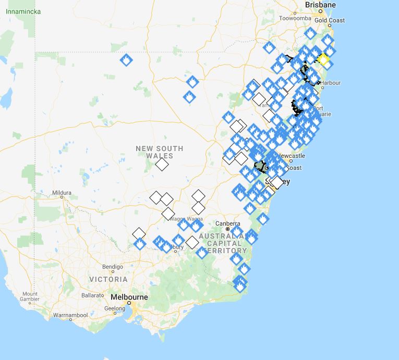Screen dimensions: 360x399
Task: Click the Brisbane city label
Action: pyautogui.click(x=321, y=5)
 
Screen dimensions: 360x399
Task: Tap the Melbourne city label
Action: pyautogui.click(x=129, y=297)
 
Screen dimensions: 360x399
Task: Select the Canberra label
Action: pyautogui.click(x=228, y=224)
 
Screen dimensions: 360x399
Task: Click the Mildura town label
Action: pyautogui.click(x=62, y=193)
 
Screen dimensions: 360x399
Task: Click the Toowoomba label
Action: pyautogui.click(x=295, y=18)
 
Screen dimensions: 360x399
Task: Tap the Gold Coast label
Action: pyautogui.click(x=329, y=20)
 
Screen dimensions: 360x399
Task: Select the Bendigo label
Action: pyautogui.click(x=113, y=267)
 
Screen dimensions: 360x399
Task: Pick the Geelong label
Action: pyautogui.click(x=115, y=308)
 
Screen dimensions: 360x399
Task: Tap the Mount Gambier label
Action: pyautogui.click(x=30, y=296)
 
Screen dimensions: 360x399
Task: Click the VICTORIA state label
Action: pyautogui.click(x=108, y=279)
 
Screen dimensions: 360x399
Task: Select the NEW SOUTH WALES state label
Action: pyautogui.click(x=160, y=152)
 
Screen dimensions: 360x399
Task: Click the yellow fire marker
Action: pyautogui.click(x=323, y=60)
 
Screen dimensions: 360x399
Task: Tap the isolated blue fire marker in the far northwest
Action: pyautogui.click(x=126, y=60)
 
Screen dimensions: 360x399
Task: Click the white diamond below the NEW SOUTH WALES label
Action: pyautogui.click(x=162, y=165)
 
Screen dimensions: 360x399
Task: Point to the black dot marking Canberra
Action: pyautogui.click(x=228, y=229)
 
